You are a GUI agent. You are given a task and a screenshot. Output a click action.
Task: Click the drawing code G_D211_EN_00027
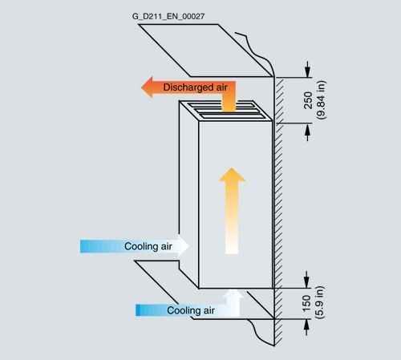168,17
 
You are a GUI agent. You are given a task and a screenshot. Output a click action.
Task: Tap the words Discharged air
195,87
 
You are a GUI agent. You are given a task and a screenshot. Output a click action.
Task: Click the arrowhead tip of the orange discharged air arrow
141,87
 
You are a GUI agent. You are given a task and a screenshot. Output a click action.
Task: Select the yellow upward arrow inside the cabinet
232,211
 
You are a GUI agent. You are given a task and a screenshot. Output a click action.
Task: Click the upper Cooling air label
148,246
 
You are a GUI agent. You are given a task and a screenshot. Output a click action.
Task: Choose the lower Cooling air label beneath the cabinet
191,310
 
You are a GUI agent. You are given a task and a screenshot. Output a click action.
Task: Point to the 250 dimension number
308,100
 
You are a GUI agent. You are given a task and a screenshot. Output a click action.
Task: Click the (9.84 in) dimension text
321,100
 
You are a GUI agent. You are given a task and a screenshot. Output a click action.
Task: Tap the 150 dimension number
307,303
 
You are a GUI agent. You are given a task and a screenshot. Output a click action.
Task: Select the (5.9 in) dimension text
320,302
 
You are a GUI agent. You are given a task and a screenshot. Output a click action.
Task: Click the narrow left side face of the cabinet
188,192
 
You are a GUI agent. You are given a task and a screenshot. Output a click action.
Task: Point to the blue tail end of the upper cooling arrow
81,246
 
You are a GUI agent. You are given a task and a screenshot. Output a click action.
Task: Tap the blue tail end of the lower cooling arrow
137,310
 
